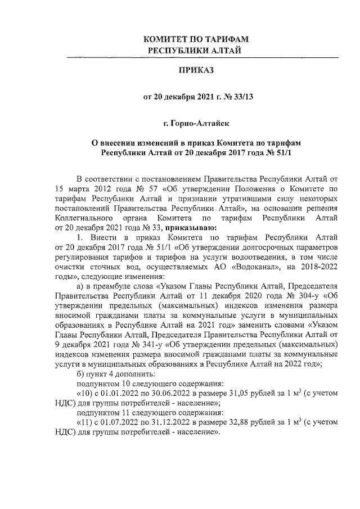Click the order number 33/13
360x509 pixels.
[244, 97]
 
